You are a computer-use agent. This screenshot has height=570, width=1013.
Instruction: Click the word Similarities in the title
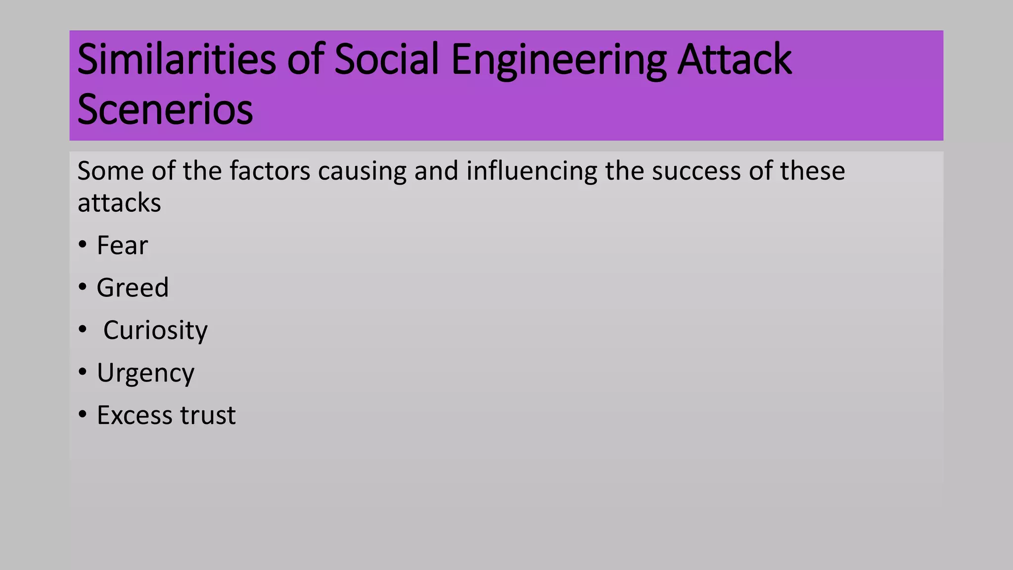(176, 59)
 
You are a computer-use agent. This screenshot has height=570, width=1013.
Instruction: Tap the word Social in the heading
(386, 59)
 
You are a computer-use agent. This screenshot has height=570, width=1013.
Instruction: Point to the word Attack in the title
(735, 59)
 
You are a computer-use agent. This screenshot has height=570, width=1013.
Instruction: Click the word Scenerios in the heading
(165, 110)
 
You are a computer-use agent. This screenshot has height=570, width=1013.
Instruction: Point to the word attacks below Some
(119, 203)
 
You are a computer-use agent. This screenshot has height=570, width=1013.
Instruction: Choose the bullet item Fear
(122, 245)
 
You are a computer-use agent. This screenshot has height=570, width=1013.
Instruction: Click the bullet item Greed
(133, 288)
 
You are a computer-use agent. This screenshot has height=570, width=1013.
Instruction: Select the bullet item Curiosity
(155, 331)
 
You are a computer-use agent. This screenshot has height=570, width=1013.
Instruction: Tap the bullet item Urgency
(145, 373)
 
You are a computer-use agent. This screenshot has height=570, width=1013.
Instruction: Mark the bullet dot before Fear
(83, 244)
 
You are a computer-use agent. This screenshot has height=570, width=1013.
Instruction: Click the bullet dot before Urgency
(83, 372)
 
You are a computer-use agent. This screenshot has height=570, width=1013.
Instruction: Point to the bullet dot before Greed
(83, 287)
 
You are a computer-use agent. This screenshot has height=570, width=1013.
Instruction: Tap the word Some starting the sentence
(110, 171)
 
